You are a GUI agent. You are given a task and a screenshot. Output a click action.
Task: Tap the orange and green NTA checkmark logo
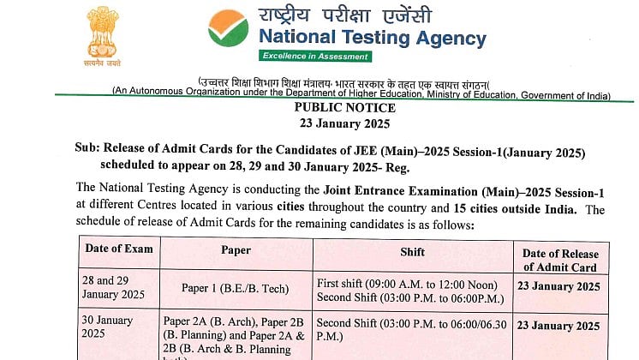tap(228, 29)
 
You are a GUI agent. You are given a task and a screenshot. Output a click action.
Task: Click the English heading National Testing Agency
tap(372, 38)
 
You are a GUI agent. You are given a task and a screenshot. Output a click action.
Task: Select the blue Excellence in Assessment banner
tap(307, 57)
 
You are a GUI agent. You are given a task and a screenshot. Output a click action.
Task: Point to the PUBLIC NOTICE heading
tap(344, 108)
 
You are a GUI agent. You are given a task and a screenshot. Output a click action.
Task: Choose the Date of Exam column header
tap(119, 249)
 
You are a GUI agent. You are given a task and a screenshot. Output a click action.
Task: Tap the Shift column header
tap(412, 252)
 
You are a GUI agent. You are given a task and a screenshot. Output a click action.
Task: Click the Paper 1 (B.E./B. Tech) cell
tap(236, 289)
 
